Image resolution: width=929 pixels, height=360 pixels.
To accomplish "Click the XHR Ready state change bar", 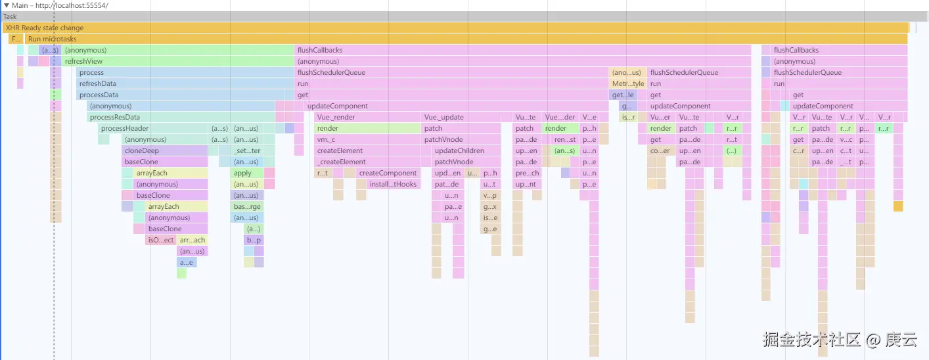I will coord(394,28).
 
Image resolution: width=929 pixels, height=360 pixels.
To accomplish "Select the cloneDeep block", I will coord(164,151).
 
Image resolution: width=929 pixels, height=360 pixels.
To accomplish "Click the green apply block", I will coord(246,173).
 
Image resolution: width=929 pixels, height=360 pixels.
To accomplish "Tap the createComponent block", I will coord(388,173).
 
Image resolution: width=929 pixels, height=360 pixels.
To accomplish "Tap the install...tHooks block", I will coord(393,185).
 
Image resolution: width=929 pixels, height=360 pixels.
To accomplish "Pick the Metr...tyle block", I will coord(628,84).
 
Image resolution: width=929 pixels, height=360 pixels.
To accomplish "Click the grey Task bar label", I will coord(10,17).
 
